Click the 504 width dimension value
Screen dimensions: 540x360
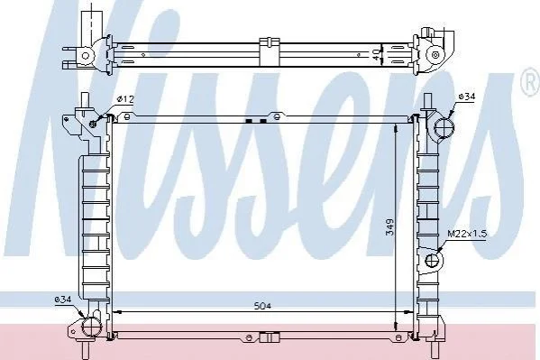click(x=262, y=306)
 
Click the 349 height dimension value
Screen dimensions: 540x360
click(x=389, y=226)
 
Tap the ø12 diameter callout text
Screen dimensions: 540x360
click(x=125, y=99)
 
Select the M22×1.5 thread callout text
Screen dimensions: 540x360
click(x=467, y=234)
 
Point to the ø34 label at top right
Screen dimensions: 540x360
click(x=467, y=97)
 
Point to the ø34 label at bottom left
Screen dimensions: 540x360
click(x=63, y=300)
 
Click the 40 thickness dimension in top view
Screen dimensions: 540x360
click(x=378, y=54)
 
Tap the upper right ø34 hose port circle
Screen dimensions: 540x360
click(x=444, y=127)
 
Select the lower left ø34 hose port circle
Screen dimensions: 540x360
click(x=91, y=327)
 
